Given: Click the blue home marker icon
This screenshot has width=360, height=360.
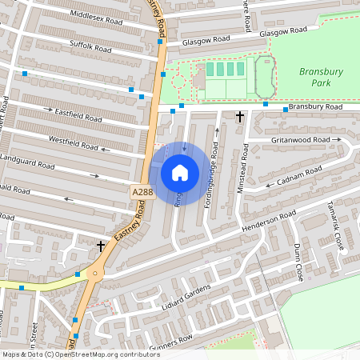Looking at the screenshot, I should pos(180,172).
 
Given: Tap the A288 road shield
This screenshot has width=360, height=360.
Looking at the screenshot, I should pos(141,193).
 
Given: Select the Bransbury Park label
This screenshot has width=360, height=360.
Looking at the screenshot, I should pos(321,76).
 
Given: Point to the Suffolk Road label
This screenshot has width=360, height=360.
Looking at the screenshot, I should pos(90,48).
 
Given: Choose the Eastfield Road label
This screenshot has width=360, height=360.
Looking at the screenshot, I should pos(78,114).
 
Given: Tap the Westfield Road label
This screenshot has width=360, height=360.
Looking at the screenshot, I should pos(73,142).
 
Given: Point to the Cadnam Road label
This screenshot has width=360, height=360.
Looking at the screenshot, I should pos(299,176).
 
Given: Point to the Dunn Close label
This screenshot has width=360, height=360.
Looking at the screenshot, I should pos(299,261).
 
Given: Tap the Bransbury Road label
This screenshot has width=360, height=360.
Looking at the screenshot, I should pos(314,106).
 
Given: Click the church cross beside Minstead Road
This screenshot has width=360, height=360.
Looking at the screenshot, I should pos(240,117).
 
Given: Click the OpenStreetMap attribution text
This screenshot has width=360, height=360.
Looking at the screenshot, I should pos(80,354).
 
